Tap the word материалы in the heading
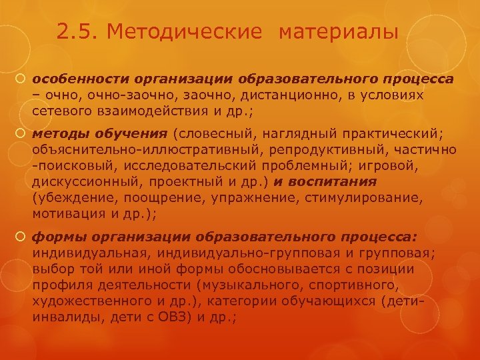pyautogui.click(x=339, y=32)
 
